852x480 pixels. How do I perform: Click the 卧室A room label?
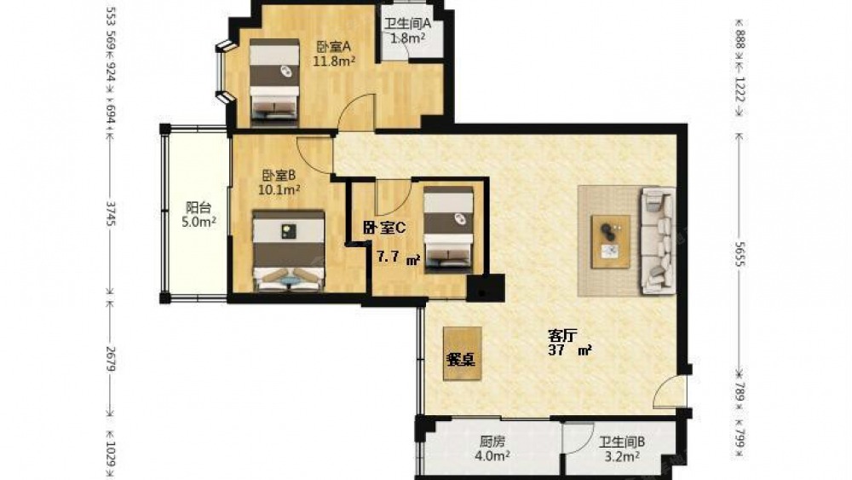coord(333,46)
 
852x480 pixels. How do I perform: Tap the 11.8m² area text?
coord(334,61)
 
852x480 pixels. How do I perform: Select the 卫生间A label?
coord(407,24)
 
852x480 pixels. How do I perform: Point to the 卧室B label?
coord(279,176)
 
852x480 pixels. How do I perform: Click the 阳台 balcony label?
coord(199,208)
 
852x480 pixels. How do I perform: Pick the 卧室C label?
coord(384,228)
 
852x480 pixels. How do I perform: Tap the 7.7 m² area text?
coord(399,257)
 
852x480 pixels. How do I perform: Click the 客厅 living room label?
coord(562,335)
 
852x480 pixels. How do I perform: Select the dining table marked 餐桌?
coord(462,353)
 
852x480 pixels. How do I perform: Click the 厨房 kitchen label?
coord(492,442)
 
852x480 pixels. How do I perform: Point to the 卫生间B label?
coord(622,442)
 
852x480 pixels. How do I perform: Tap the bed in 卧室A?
coord(274,82)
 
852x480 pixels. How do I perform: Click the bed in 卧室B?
coord(289,251)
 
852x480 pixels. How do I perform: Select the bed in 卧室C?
coord(448,229)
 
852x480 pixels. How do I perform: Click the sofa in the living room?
coord(659,240)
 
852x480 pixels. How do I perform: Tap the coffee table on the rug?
coord(611,241)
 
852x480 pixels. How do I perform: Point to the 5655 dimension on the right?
coord(739,254)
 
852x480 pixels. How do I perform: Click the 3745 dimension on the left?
coord(110,214)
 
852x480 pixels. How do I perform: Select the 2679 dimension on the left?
coord(110,359)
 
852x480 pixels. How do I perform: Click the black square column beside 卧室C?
coord(486,288)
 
